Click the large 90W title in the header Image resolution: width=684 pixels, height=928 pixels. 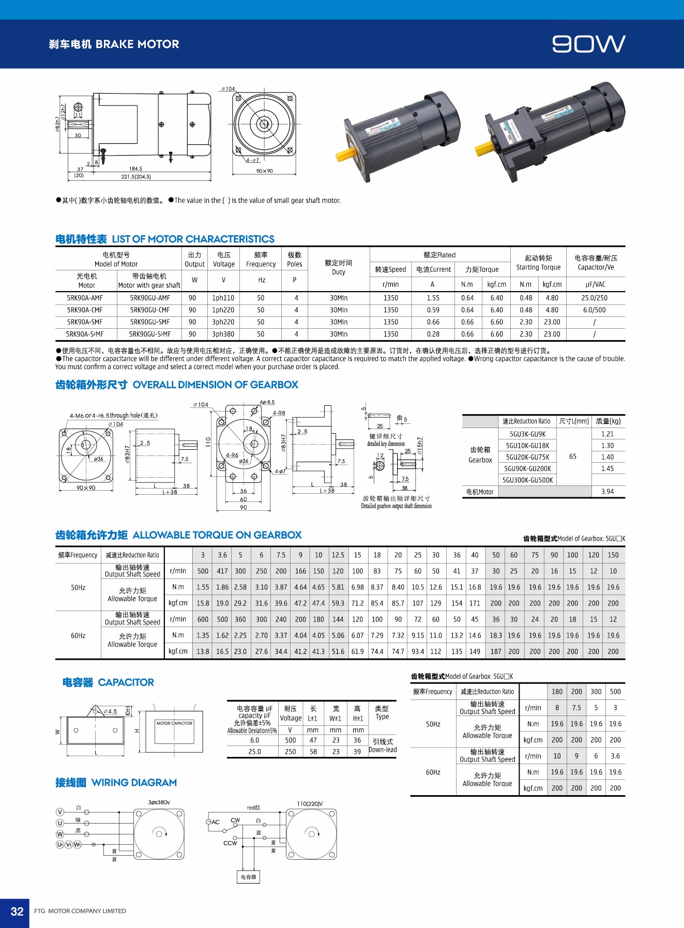click(588, 44)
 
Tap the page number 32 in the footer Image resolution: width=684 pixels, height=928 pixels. click(17, 911)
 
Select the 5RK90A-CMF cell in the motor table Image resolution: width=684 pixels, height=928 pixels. click(85, 310)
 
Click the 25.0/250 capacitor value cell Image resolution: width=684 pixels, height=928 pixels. click(595, 298)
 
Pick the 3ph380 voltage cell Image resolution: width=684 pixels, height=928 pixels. click(223, 334)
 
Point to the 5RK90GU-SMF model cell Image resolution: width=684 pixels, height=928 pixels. click(150, 322)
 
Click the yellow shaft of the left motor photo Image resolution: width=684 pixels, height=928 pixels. click(345, 154)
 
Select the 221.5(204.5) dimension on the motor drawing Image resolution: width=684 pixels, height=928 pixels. click(136, 177)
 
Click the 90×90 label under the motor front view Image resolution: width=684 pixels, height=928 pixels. click(264, 171)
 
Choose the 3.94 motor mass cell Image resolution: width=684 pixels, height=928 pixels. click(607, 492)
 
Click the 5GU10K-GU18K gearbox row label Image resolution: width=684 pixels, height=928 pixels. click(527, 446)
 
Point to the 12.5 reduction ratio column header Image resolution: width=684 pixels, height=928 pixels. click(338, 555)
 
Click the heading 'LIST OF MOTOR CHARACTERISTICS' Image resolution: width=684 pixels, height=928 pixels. click(193, 239)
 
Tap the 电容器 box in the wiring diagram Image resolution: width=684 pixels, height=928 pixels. click(248, 877)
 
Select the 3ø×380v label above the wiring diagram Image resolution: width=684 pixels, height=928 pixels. click(159, 802)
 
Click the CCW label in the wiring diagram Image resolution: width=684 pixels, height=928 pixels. click(230, 843)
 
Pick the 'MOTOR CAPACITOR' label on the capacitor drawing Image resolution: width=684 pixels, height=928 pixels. click(174, 723)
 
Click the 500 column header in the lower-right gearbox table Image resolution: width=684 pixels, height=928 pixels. click(615, 692)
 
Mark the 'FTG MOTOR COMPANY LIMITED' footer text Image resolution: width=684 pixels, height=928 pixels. click(80, 911)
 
